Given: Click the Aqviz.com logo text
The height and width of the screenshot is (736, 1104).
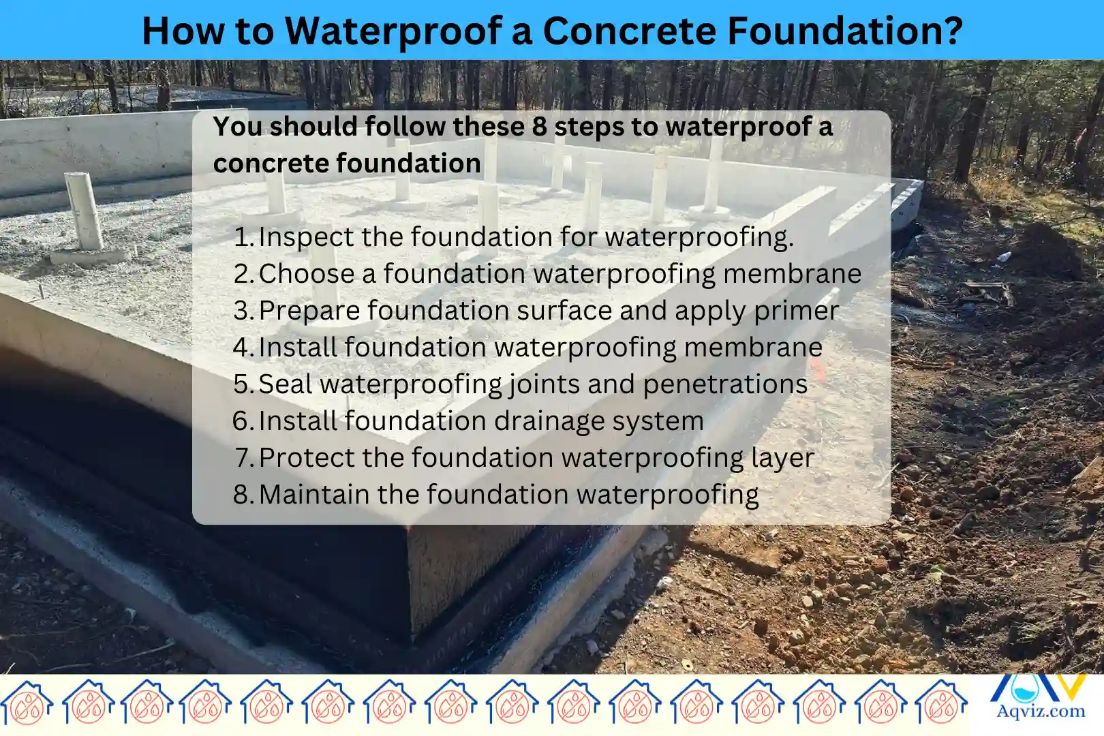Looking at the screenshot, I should pos(1041,711).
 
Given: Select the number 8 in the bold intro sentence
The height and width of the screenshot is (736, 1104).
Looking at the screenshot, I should pos(539,127).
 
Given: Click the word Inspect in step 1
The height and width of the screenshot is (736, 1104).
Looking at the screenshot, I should pos(305,237).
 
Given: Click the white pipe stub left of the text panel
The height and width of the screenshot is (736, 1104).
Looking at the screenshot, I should pos(85,211).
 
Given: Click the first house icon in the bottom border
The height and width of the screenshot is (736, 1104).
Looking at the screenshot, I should pos(27,702).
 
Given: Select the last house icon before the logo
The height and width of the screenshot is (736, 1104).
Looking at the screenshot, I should pos(941,702).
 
